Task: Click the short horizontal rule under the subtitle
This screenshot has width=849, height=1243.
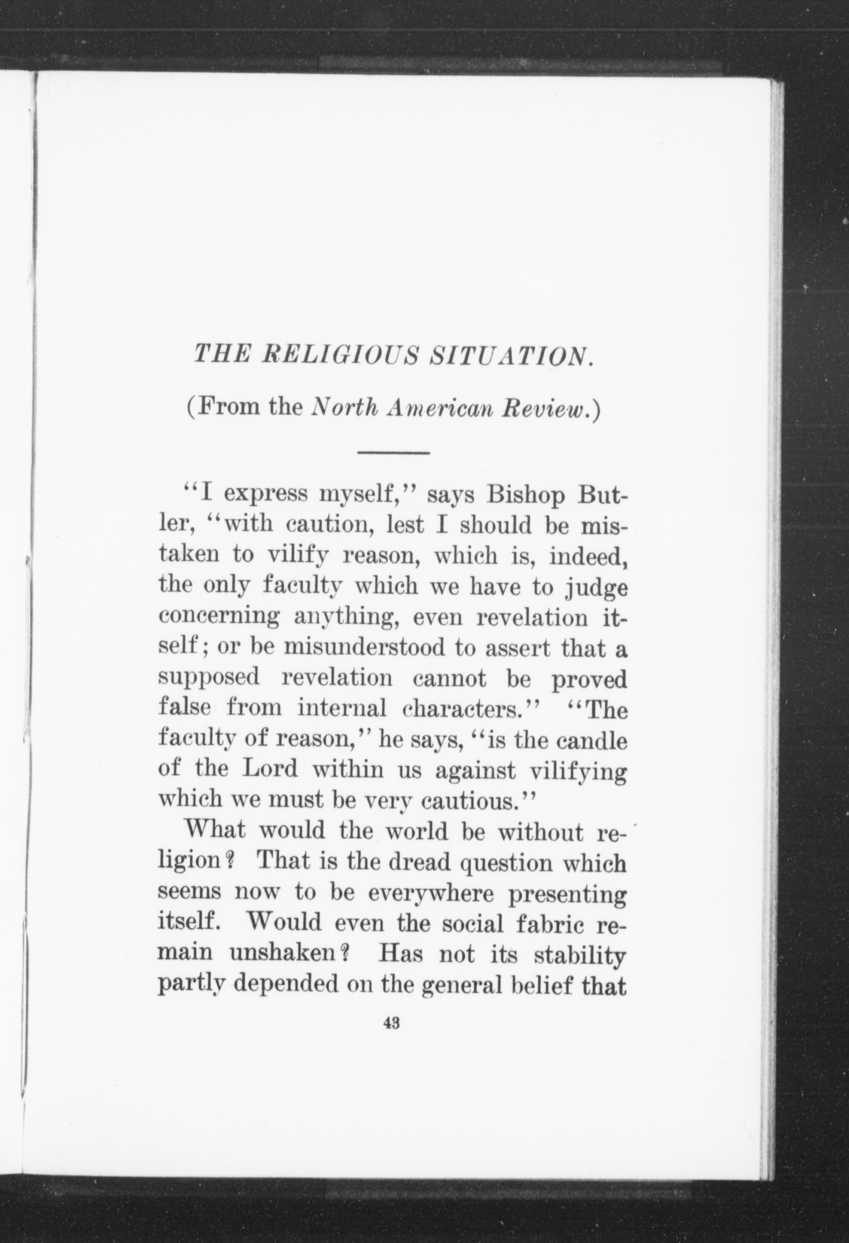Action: [394, 453]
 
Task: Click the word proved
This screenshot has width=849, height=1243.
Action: [588, 680]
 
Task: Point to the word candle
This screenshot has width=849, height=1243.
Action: [591, 740]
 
